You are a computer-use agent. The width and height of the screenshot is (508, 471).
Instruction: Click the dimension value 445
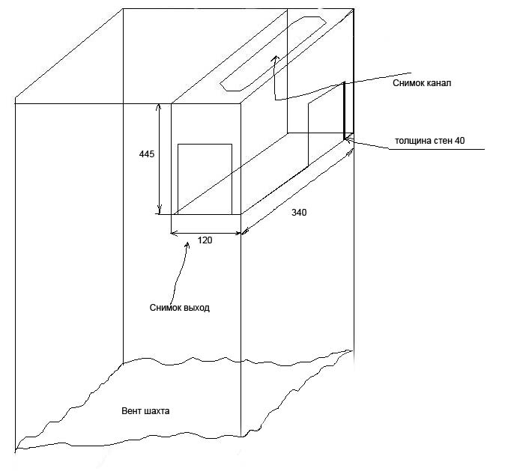(146, 154)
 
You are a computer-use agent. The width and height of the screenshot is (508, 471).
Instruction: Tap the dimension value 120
(205, 240)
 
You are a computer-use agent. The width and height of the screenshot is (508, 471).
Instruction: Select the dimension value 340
(299, 213)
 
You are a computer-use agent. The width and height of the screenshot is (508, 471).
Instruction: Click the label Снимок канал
(421, 83)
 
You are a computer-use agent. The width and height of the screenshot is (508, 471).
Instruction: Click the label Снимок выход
(181, 307)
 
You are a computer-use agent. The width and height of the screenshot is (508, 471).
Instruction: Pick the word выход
(196, 307)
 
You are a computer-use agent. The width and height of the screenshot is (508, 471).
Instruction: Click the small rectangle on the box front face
(205, 178)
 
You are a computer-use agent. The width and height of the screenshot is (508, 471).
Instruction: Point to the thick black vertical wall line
(345, 110)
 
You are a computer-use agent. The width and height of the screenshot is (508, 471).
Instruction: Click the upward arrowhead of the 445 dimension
(158, 107)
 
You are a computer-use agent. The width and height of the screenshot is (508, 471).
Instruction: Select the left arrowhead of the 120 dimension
(175, 233)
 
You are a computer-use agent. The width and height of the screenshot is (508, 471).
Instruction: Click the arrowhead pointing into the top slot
(275, 57)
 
